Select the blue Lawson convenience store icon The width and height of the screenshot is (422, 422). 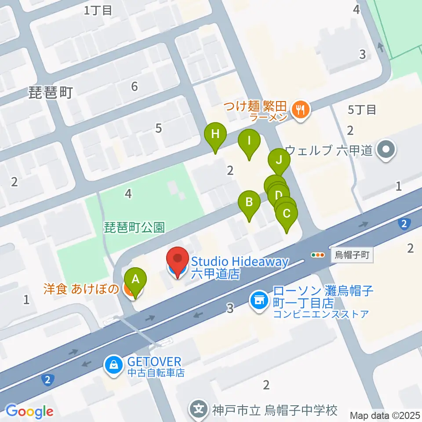tap(259, 301)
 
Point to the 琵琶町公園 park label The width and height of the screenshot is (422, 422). tap(135, 227)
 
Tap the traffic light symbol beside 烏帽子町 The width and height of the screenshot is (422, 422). tap(317, 255)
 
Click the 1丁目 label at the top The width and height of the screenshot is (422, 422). tap(98, 11)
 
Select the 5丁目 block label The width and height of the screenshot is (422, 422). tap(362, 110)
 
